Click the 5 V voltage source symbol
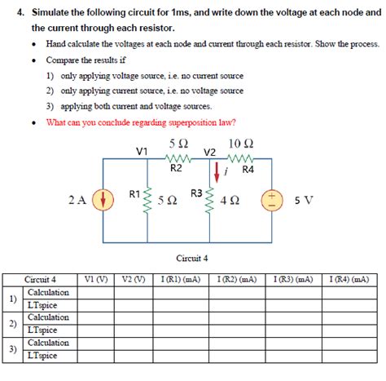(x=270, y=199)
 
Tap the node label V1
(x=142, y=152)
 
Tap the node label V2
(x=209, y=153)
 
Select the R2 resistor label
(x=176, y=169)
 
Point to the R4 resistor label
(x=248, y=170)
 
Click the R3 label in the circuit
(x=196, y=193)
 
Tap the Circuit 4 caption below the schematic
(x=192, y=258)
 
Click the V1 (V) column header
(x=96, y=279)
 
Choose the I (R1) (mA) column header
(x=181, y=279)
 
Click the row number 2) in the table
(x=11, y=324)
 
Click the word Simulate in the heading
(x=46, y=11)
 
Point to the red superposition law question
(x=141, y=122)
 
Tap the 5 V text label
(x=303, y=200)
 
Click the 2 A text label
(x=77, y=200)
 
